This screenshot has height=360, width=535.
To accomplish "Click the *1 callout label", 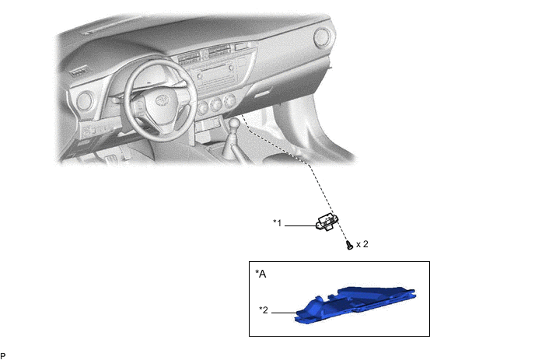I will coord(277,224).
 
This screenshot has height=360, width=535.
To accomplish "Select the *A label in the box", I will coord(261,274).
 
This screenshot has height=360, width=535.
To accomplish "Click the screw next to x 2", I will coord(348,245).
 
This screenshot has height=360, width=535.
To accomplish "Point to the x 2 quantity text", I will coord(362,244).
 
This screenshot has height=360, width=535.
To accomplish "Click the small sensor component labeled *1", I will coord(327,224).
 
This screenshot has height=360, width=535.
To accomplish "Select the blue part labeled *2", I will coord(358,304).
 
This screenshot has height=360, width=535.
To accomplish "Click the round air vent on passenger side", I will coord(322,39).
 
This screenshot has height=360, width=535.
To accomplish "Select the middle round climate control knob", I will coord(215,104).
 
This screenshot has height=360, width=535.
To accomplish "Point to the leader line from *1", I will coord(299,225).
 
